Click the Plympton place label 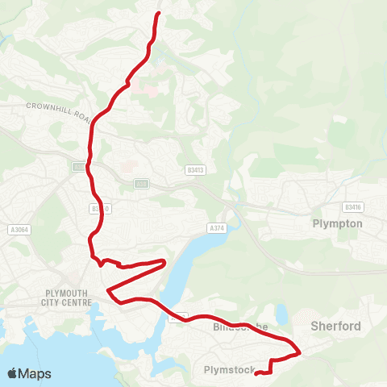tap(337, 223)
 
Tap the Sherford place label tap(335, 326)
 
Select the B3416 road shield tap(352, 206)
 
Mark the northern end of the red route tap(158, 13)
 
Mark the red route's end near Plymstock tap(256, 372)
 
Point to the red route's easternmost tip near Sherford tap(301, 351)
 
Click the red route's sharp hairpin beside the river tap(164, 261)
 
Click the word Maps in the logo tap(35, 373)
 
